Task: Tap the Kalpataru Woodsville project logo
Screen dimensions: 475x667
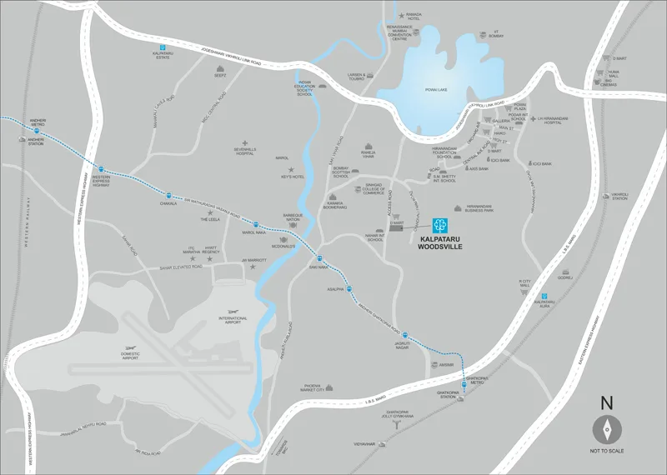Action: pos(439,223)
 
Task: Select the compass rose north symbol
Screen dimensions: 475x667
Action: pos(606,430)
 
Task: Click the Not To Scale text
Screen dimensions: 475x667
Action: pos(607,451)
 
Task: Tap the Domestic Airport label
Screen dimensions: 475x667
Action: pos(130,354)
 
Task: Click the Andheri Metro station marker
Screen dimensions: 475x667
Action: pos(37,130)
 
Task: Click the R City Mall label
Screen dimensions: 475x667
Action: pos(525,287)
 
